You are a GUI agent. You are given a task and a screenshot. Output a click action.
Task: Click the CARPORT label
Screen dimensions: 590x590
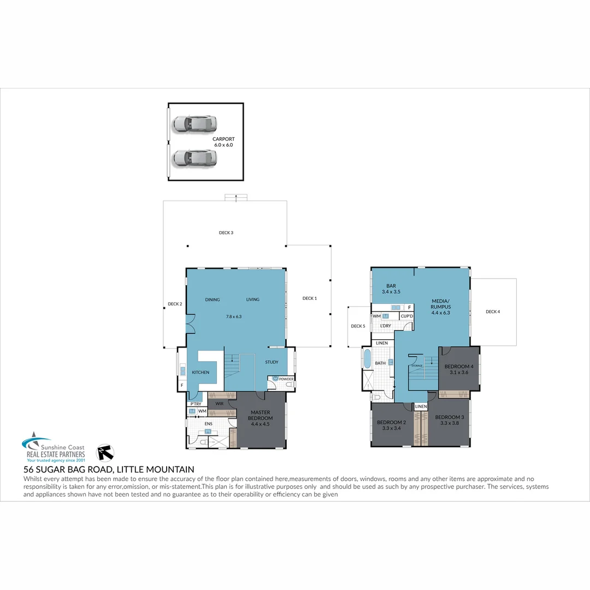click(223, 139)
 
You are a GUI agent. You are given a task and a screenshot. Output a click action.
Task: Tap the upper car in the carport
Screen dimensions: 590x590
click(194, 123)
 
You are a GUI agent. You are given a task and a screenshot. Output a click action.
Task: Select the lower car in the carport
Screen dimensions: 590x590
click(194, 158)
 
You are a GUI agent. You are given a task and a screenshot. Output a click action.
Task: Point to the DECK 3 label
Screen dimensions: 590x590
click(226, 233)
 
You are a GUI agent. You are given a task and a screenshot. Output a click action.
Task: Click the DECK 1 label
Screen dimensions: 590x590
click(309, 298)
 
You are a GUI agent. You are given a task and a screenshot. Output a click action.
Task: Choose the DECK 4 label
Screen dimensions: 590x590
click(492, 312)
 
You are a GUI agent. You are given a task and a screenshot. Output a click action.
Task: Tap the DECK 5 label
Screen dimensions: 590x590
click(358, 326)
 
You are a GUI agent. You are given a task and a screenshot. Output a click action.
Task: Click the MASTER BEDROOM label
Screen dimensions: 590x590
click(261, 415)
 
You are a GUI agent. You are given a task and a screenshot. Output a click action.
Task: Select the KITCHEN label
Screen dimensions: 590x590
click(200, 373)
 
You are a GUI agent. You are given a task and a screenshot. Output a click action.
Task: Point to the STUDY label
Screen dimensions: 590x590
click(272, 362)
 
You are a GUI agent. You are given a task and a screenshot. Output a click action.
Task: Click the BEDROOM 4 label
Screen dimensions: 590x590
click(458, 366)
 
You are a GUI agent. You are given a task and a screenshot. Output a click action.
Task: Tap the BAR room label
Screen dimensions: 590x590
click(391, 286)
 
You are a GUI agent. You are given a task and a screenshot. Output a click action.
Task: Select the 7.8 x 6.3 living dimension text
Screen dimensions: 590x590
click(233, 316)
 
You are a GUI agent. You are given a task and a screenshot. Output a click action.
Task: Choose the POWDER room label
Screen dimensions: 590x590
click(286, 379)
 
